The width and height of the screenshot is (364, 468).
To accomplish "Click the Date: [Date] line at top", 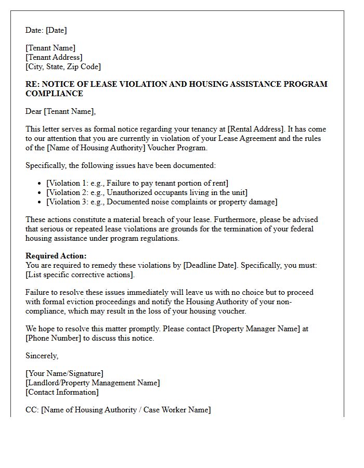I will [x=46, y=30].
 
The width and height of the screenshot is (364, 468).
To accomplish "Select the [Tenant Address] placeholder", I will [x=54, y=57].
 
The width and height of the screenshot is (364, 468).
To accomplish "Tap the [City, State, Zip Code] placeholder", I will [x=63, y=67].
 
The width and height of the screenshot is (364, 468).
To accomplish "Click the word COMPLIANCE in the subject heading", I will [x=54, y=94].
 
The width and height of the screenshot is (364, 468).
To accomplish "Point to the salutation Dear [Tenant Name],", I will [x=60, y=111].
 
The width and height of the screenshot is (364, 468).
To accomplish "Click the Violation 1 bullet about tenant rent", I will [x=137, y=183].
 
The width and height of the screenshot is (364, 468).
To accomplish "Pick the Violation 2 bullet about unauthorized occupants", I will [x=147, y=192].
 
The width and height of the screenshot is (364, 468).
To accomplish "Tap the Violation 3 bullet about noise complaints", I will [x=162, y=202].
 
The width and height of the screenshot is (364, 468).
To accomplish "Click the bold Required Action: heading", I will [x=56, y=256].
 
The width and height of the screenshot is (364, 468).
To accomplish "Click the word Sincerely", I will [x=42, y=356].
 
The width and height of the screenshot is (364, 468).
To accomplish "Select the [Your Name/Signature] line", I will [x=64, y=373].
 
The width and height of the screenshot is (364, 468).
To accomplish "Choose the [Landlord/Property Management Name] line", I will [x=93, y=383].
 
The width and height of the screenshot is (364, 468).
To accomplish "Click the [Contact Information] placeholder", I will [x=62, y=392].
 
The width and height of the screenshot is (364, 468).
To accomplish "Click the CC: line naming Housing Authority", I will [x=118, y=410].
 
